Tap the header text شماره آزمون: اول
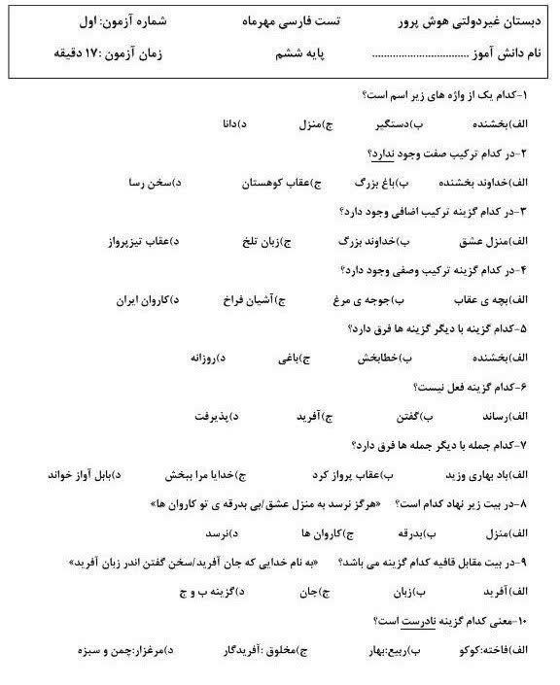[86, 21]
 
